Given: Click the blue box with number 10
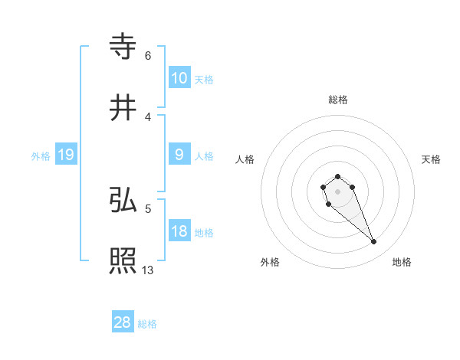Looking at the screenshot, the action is pyautogui.click(x=179, y=77).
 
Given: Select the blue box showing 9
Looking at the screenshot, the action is pyautogui.click(x=179, y=155).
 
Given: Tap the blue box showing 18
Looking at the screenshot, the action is pyautogui.click(x=179, y=231).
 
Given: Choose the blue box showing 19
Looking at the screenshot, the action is pyautogui.click(x=65, y=155).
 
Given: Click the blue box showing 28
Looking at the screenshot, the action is pyautogui.click(x=123, y=322).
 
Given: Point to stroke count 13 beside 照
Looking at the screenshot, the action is pyautogui.click(x=148, y=270).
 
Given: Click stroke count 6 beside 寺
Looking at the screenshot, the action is pyautogui.click(x=148, y=56).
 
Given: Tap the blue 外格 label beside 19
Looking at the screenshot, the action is pyautogui.click(x=41, y=155).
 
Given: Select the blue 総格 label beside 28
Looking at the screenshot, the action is pyautogui.click(x=147, y=324).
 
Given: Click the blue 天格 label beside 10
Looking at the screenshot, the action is pyautogui.click(x=203, y=79).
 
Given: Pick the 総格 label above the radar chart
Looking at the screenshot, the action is pyautogui.click(x=337, y=100).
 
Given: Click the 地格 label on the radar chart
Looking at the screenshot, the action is pyautogui.click(x=402, y=262).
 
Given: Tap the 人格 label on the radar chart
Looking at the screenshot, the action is pyautogui.click(x=245, y=159).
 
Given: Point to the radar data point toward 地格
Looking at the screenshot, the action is pyautogui.click(x=374, y=242).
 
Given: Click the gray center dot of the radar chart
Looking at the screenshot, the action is pyautogui.click(x=337, y=191).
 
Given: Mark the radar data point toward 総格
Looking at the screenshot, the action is pyautogui.click(x=337, y=177).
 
